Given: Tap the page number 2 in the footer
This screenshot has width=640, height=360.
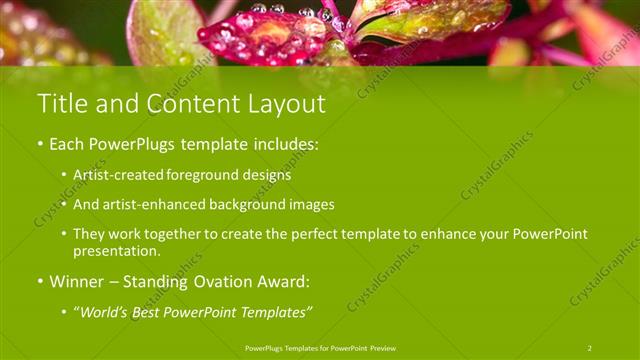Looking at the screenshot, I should click(590, 348).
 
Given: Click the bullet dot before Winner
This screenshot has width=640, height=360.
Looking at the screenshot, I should click(42, 282).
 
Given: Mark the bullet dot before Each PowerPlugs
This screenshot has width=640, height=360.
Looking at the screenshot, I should click(42, 144).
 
